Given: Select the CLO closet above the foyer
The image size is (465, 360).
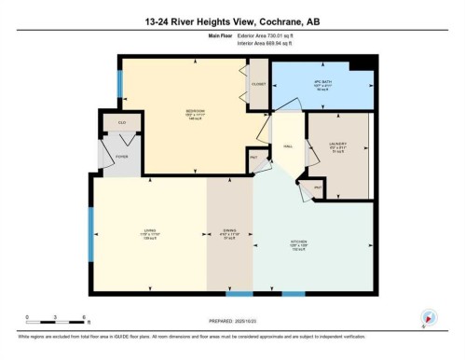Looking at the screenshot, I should [x=122, y=122].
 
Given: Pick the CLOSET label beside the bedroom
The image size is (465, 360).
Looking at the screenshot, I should [x=258, y=85].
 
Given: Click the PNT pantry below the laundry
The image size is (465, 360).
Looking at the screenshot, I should [x=317, y=187].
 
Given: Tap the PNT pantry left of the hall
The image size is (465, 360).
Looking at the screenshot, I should [x=253, y=157].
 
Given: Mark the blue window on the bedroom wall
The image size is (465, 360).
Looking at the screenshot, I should [x=119, y=87].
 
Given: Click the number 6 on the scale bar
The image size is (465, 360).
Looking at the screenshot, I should [x=85, y=317].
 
